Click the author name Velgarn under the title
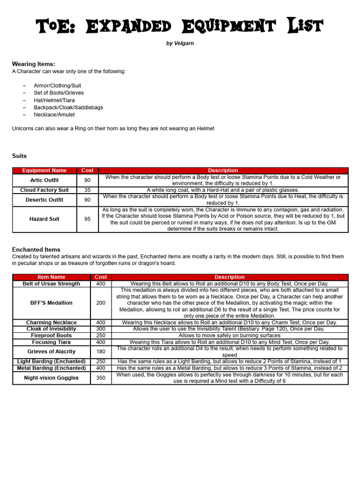click(x=180, y=43)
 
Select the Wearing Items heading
click(x=33, y=64)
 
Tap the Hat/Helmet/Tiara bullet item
click(x=54, y=100)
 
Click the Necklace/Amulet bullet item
click(x=54, y=114)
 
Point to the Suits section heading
click(x=19, y=156)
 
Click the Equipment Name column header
click(x=45, y=171)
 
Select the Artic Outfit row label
click(x=45, y=180)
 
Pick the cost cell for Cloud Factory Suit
click(x=88, y=190)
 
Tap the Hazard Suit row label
click(x=45, y=219)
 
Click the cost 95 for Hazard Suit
click(x=88, y=219)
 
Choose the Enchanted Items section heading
click(x=36, y=249)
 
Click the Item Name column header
click(x=52, y=277)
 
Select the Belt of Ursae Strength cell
click(x=52, y=284)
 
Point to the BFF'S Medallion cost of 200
click(x=101, y=303)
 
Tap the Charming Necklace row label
click(x=52, y=322)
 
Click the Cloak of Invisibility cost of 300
click(x=101, y=329)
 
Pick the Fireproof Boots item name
click(x=52, y=336)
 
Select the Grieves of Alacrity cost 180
click(x=101, y=352)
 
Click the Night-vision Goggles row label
click(x=52, y=378)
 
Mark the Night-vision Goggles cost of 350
click(x=101, y=378)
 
